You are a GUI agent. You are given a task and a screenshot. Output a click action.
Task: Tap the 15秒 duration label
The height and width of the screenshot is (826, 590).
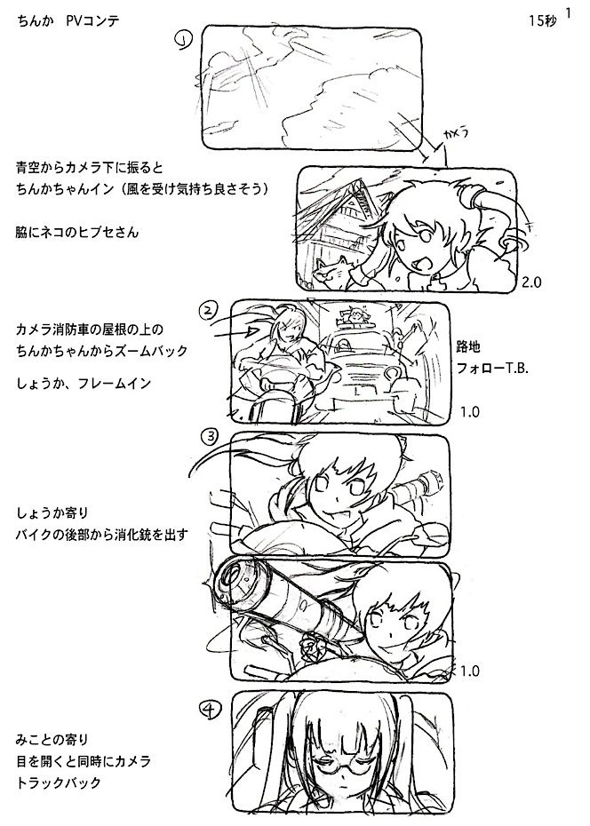click(x=542, y=21)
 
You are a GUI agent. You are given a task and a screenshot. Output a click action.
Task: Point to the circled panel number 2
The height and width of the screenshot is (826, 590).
click(x=207, y=310)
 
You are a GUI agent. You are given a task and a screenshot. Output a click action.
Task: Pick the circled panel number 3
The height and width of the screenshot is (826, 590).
click(x=209, y=436)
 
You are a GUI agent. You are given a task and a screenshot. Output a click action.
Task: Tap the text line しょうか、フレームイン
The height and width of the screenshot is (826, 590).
click(x=84, y=383)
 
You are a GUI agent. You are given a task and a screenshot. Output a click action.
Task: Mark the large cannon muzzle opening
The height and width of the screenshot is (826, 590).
click(x=237, y=582)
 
